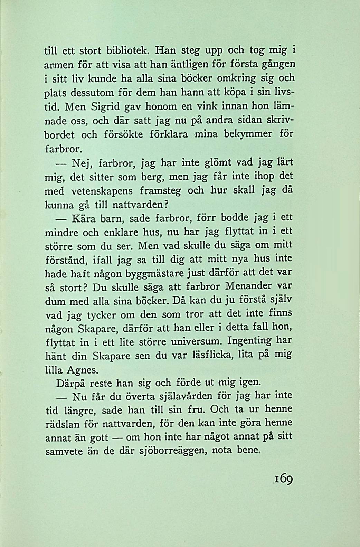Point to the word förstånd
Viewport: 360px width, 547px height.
coord(66,260)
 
